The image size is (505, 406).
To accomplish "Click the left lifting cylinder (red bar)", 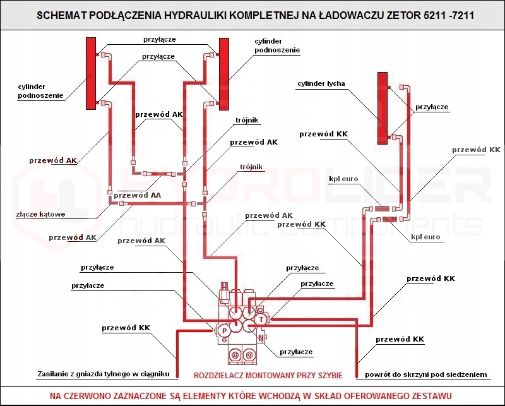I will click(90, 73).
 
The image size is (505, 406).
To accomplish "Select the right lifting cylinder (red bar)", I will click(223, 73).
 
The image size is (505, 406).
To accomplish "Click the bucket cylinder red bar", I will click(381, 107).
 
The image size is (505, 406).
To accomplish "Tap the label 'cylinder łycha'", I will click(321, 83).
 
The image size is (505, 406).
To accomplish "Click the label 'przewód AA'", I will click(138, 196).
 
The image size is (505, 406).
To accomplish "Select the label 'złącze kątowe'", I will click(41, 214).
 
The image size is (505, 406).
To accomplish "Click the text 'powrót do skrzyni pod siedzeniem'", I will click(427, 375).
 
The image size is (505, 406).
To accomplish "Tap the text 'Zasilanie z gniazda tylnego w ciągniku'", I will click(104, 373).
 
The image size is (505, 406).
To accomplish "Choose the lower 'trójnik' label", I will click(251, 167).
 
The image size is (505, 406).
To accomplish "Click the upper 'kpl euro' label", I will click(343, 179).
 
